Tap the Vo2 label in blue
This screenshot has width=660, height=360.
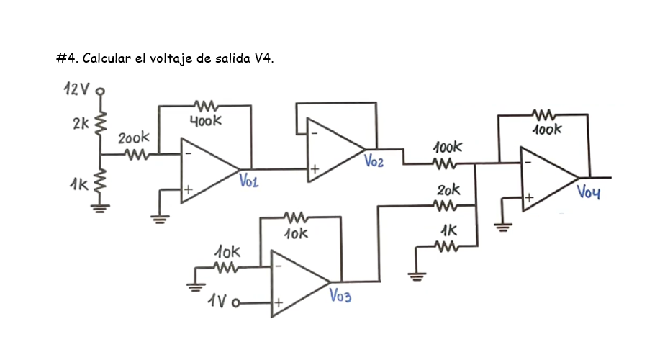click(x=374, y=161)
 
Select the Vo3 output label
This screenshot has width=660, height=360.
click(x=340, y=295)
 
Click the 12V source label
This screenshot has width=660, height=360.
click(x=76, y=90)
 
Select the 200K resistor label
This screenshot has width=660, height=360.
click(x=135, y=136)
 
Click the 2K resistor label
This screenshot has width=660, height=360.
click(x=81, y=123)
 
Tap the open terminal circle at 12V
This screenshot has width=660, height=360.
click(x=101, y=91)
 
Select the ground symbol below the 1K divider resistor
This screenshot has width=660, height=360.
click(x=100, y=208)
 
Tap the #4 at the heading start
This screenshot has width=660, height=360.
click(x=66, y=58)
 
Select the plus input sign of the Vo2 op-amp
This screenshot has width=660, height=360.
click(x=314, y=169)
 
